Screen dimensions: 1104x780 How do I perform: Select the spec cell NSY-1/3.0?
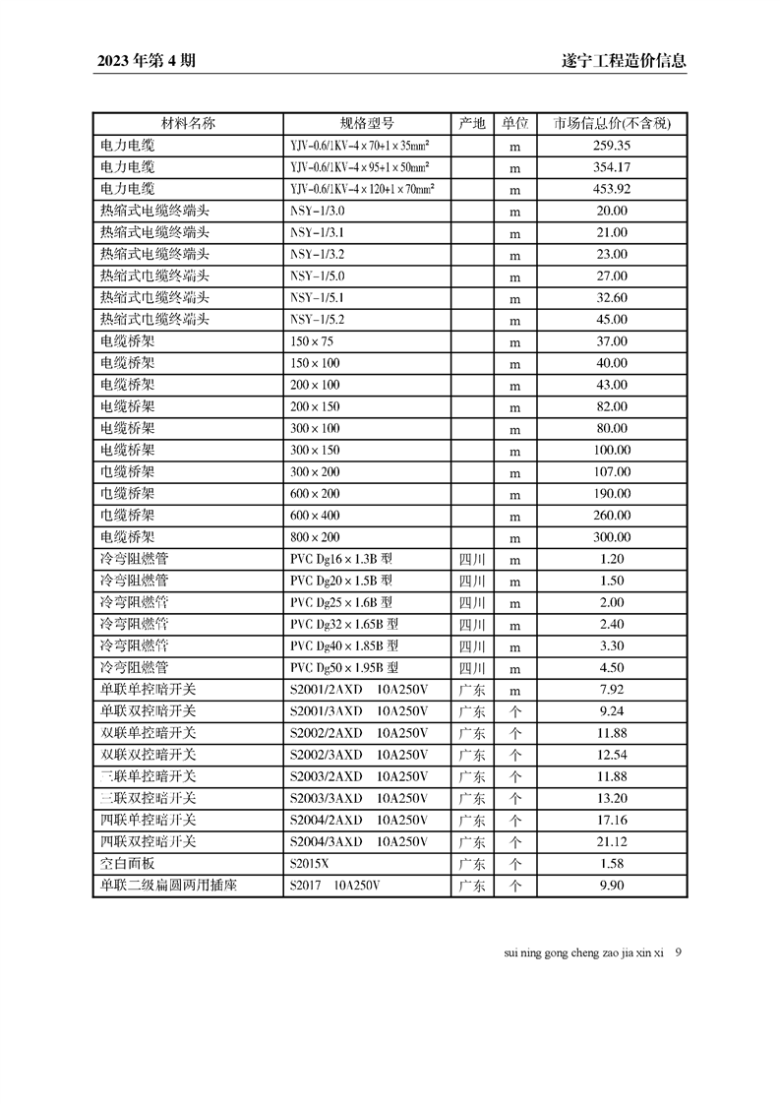(318, 211)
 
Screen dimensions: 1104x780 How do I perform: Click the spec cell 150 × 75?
(312, 341)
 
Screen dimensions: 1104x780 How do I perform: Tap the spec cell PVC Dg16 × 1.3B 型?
(340, 559)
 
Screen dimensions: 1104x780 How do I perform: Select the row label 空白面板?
(128, 863)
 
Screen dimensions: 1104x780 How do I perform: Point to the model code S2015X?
(311, 864)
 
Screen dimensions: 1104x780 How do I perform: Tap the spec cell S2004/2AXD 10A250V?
(358, 820)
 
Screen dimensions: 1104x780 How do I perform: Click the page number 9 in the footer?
(679, 952)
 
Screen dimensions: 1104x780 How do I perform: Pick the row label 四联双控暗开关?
(149, 841)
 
